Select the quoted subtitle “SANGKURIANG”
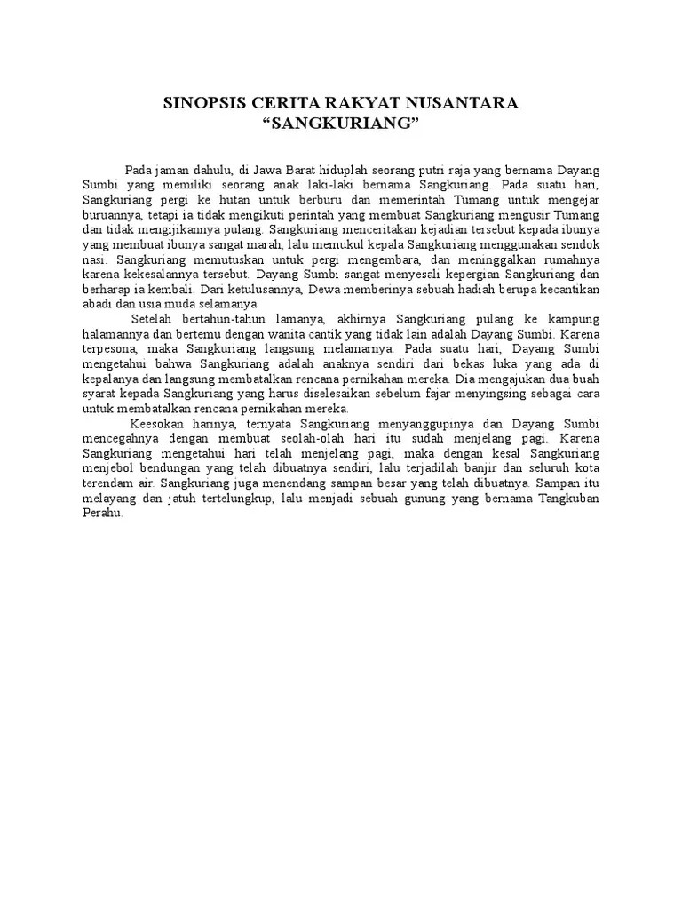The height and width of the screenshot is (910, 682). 342,122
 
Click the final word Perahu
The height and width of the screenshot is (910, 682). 99,514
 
